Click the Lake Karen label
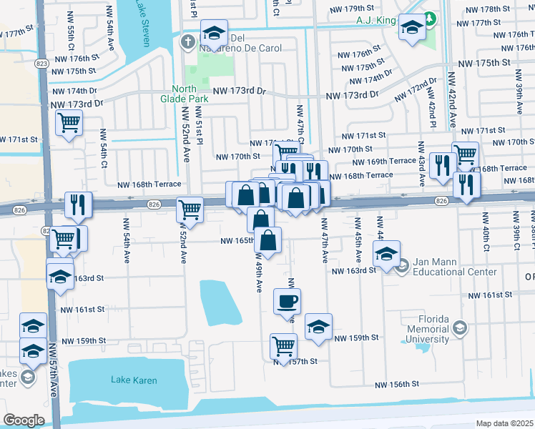(x=134, y=380)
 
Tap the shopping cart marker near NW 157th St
(x=284, y=346)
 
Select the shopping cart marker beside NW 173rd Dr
(x=69, y=123)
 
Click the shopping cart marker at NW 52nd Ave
(x=190, y=209)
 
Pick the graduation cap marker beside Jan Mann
(x=386, y=254)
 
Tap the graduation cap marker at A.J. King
(x=411, y=26)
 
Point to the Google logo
(x=24, y=420)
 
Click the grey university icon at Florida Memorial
(x=461, y=328)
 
